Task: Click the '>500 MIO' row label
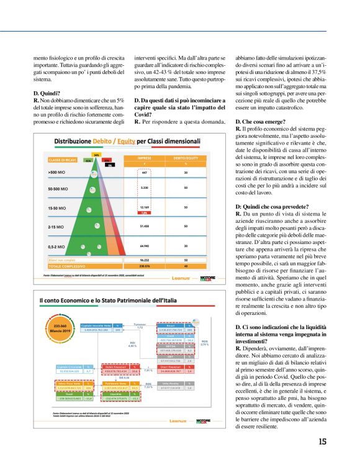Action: [57, 171]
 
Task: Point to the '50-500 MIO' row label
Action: [58, 187]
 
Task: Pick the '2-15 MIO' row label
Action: [56, 227]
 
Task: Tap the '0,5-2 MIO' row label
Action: [57, 247]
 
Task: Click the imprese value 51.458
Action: [144, 227]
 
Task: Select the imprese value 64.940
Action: [144, 247]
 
